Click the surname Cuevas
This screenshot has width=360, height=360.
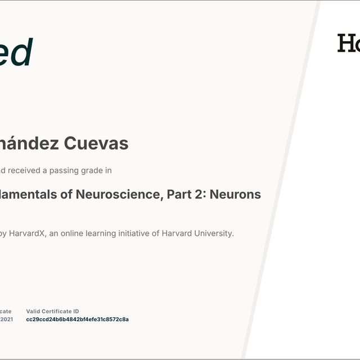[x=96, y=144]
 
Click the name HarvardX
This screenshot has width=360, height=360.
[x=26, y=233]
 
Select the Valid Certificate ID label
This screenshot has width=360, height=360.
[x=52, y=312]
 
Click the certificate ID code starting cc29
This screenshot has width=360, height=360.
[x=77, y=319]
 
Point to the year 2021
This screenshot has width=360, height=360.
[x=6, y=319]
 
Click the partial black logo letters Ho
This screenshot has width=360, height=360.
[x=348, y=43]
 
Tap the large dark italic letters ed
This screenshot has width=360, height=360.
[x=16, y=53]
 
